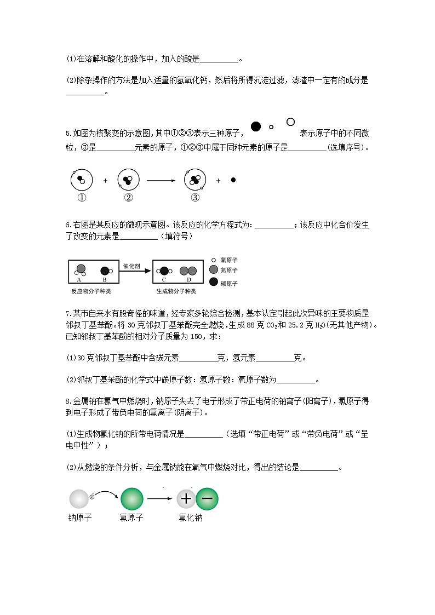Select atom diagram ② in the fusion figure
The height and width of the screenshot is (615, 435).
[128, 179]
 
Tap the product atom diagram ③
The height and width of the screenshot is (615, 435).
[194, 179]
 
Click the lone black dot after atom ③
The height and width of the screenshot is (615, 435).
[233, 180]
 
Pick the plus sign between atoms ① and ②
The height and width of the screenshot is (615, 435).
[105, 180]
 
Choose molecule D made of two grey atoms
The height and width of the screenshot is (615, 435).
[188, 271]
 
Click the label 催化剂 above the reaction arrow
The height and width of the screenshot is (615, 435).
[131, 265]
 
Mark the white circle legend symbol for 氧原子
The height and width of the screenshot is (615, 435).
[213, 260]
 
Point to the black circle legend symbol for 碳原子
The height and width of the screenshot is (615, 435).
[214, 283]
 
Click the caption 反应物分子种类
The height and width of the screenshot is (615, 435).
[91, 291]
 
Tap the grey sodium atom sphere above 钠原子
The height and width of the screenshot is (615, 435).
[78, 499]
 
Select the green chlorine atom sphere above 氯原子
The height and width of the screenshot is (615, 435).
[131, 499]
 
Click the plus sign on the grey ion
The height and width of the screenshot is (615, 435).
[186, 499]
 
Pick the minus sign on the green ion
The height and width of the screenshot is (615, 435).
[207, 499]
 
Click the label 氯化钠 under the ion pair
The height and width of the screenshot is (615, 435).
[191, 518]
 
